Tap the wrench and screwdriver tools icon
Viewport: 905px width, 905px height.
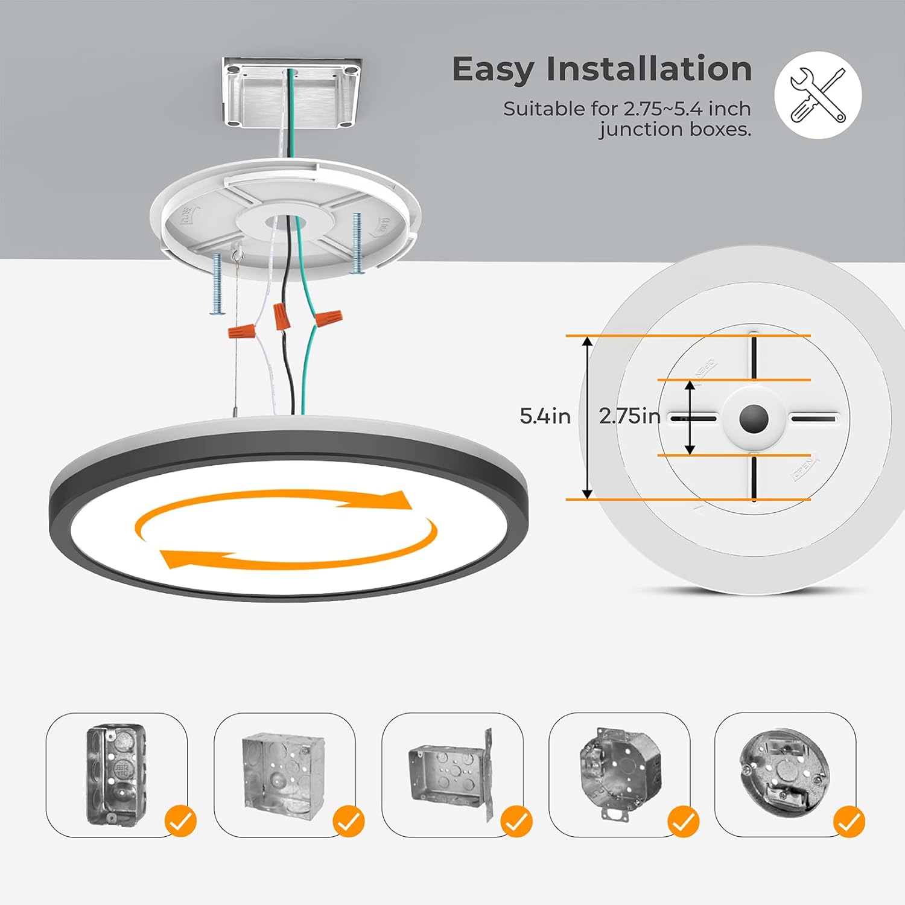pos(818,95)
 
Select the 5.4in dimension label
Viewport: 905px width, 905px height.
pos(545,416)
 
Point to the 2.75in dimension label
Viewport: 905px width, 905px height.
pos(629,416)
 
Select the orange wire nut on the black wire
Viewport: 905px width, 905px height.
pos(279,316)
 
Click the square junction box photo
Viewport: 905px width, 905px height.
pos(277,770)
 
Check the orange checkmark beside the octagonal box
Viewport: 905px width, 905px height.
pos(683,821)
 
